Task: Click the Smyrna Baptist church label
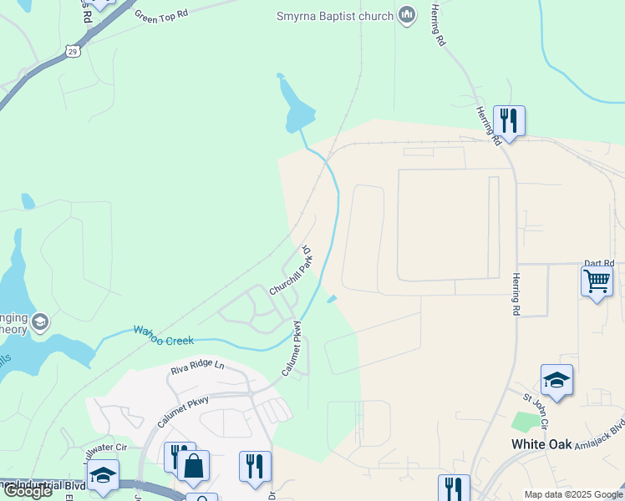[334, 16]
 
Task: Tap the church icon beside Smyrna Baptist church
[407, 15]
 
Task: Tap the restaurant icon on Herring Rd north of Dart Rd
[508, 121]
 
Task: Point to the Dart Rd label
[598, 262]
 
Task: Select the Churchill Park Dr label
[291, 271]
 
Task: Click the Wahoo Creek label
[164, 336]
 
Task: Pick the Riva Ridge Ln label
[198, 366]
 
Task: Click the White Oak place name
[541, 444]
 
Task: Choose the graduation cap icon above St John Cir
[556, 381]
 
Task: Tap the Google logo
[28, 491]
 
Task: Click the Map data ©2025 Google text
[573, 494]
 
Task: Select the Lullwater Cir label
[106, 452]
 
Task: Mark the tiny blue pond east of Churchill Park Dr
[332, 299]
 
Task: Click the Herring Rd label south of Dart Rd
[516, 294]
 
